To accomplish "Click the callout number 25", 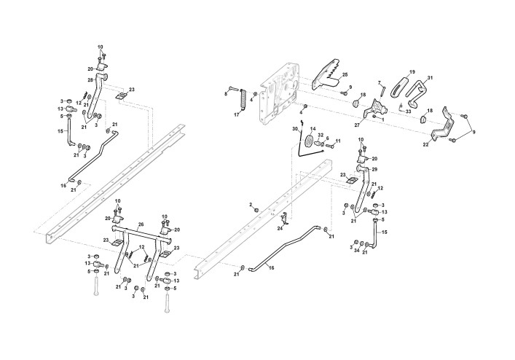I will [345, 74].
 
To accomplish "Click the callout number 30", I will [295, 130].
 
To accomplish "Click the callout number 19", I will [412, 72].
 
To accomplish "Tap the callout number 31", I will [430, 78].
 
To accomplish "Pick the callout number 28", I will [90, 79].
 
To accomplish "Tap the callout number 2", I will [250, 205].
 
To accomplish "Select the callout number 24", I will [280, 228].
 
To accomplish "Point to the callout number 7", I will [379, 83].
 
